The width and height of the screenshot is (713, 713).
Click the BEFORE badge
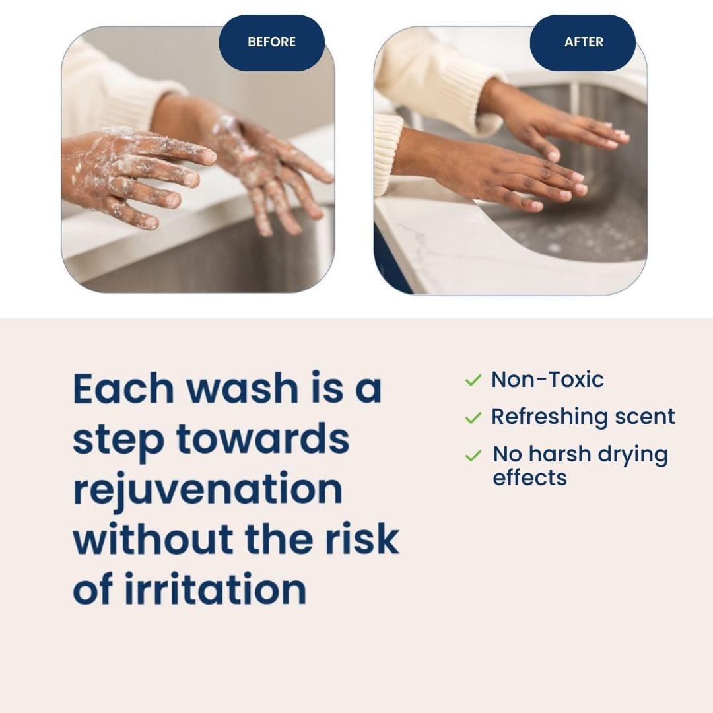click(271, 42)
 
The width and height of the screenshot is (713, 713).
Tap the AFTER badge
click(583, 42)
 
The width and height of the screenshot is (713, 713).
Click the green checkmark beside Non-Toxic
click(473, 380)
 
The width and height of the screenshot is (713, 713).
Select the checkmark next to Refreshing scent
click(473, 417)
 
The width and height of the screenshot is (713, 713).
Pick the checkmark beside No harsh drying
click(473, 456)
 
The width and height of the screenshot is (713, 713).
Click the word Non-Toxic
click(547, 380)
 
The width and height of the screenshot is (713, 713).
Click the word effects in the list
click(529, 477)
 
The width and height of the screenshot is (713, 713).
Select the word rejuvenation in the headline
click(207, 490)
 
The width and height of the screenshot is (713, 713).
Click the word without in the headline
click(154, 539)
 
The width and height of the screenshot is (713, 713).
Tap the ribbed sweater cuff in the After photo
click(388, 152)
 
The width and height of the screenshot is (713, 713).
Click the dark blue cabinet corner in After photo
click(390, 264)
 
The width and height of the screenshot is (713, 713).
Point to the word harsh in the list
click(560, 455)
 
